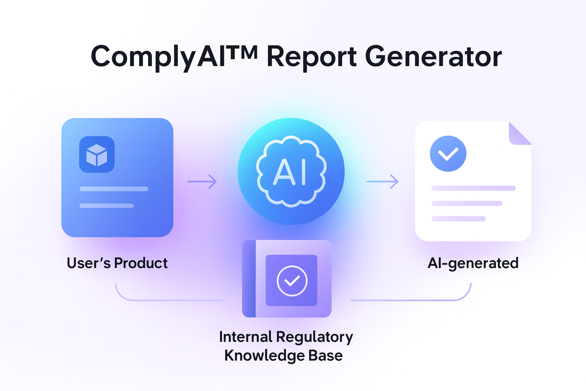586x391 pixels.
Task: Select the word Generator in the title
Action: [433, 57]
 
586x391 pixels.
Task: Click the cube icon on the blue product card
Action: [97, 155]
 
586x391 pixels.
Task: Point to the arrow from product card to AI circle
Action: [202, 181]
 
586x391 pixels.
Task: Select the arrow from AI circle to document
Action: [382, 181]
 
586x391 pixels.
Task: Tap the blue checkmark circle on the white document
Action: [448, 153]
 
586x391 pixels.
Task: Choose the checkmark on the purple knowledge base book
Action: [292, 281]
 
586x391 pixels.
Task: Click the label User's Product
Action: [117, 263]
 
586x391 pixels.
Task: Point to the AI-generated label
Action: [473, 263]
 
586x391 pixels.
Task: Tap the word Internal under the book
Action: [245, 337]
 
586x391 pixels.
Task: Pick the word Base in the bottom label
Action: [325, 355]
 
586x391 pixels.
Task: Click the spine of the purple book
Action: [249, 279]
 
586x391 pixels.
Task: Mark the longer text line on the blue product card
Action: [114, 189]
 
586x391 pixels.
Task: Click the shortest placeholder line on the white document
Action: [458, 219]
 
